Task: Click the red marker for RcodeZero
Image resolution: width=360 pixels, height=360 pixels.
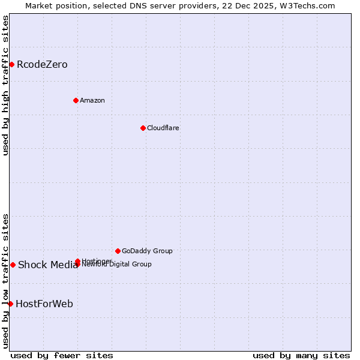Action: pos(11,64)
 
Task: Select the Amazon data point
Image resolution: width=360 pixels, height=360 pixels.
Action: pos(76,100)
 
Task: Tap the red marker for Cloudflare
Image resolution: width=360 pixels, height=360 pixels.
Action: pos(143,128)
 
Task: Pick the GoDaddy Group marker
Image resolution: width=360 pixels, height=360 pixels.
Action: pos(118,251)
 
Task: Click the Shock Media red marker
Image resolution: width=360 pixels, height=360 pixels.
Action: pos(13,265)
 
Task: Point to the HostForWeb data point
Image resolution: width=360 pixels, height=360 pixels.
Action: pos(10,304)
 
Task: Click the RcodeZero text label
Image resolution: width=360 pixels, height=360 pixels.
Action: pos(42,64)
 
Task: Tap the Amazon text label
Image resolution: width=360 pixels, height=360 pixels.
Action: pos(92,100)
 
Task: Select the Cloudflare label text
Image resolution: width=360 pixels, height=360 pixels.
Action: pos(163,128)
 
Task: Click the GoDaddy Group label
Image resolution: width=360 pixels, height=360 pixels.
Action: pos(147,251)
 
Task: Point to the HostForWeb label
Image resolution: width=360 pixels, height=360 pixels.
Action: pos(44,304)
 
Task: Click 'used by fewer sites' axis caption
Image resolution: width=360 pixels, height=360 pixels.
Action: pos(62,355)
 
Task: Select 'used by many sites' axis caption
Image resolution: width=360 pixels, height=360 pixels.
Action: pos(301,355)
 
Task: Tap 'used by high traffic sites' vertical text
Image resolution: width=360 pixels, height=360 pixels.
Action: pos(5,85)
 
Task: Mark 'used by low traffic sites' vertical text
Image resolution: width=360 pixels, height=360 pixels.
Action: pos(5,281)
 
